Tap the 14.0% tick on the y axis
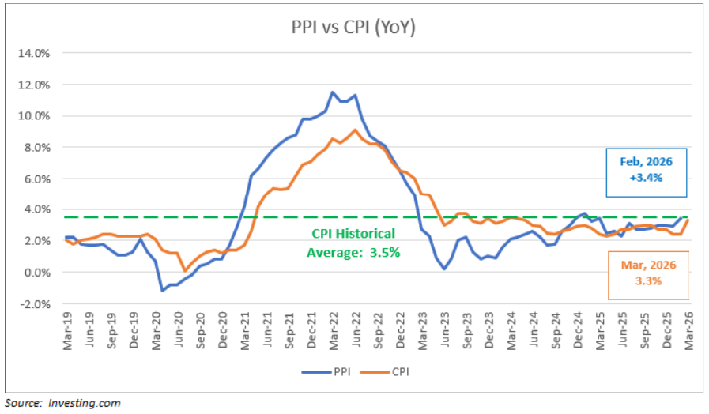pyautogui.click(x=34, y=54)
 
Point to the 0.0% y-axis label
pyautogui.click(x=36, y=273)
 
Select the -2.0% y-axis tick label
pyautogui.click(x=35, y=304)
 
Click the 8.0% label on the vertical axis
pyautogui.click(x=36, y=148)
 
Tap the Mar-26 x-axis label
pyautogui.click(x=690, y=326)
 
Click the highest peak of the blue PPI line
pyautogui.click(x=333, y=92)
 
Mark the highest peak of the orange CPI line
pyautogui.click(x=356, y=130)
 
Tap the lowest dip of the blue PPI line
pyautogui.click(x=163, y=291)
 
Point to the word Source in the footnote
pyautogui.click(x=21, y=403)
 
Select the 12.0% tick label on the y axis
pyautogui.click(x=34, y=85)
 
